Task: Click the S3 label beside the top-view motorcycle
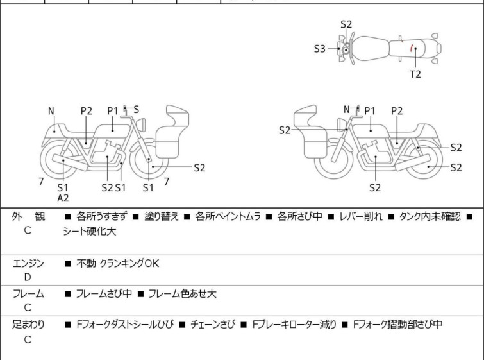320,48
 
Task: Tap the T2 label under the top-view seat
415,74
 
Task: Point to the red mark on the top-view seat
412,48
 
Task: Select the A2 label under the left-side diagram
63,198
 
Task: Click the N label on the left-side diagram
51,110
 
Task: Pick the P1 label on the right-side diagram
370,110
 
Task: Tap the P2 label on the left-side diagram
87,110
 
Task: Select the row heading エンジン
28,263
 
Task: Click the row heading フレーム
28,294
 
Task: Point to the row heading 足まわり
28,325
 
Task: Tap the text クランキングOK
129,263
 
